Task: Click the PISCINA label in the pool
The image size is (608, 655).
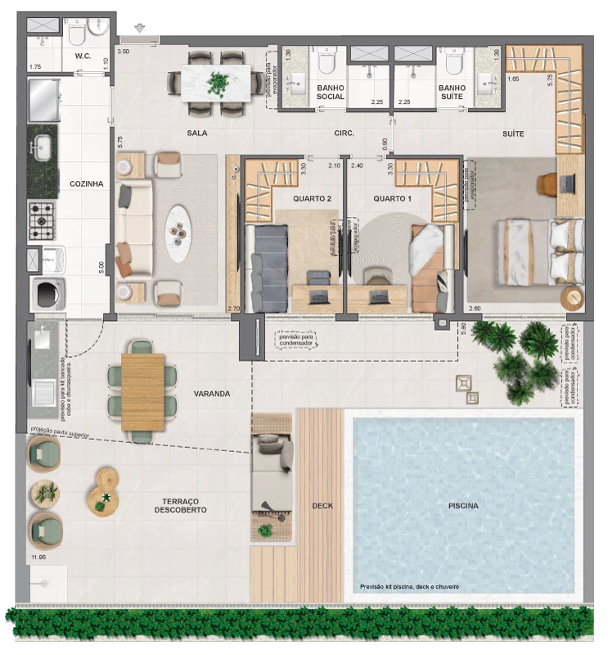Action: (x=463, y=506)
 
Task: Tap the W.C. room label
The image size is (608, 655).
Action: (x=82, y=56)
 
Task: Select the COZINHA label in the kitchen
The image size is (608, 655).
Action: (x=86, y=184)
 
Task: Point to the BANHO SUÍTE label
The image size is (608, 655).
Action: (x=452, y=93)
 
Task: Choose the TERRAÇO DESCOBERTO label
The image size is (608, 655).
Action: (x=180, y=505)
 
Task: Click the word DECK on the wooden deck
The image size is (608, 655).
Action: (x=322, y=506)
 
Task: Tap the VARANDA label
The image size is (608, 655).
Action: (x=212, y=394)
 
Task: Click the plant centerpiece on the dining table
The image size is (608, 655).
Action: (x=218, y=83)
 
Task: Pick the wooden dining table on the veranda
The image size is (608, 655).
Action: (x=142, y=391)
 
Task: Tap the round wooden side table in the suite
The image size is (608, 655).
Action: (x=572, y=296)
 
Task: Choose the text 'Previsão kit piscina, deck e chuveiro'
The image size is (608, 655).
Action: (x=409, y=587)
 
